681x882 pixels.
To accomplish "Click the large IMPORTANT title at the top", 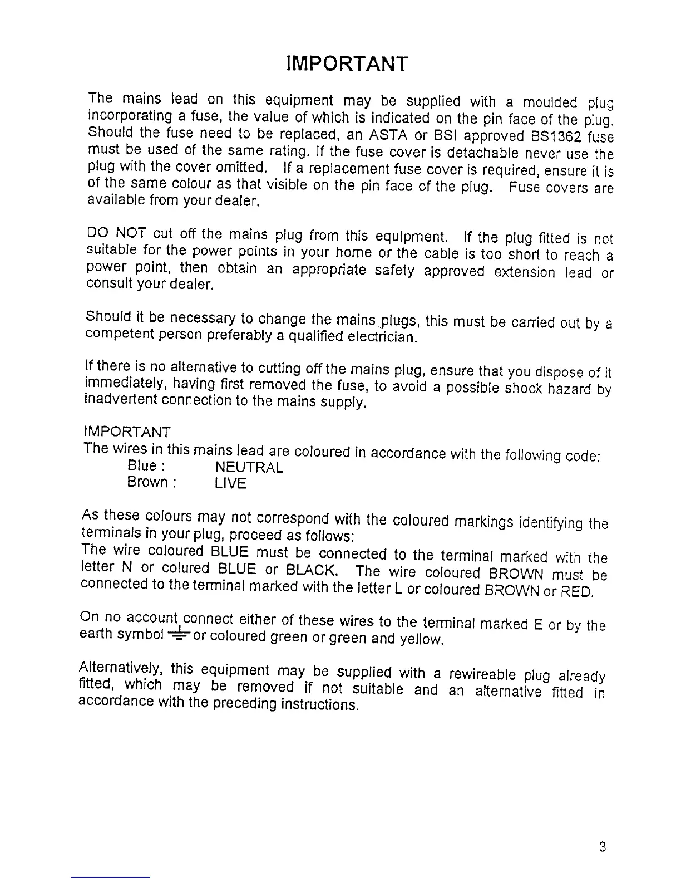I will (x=348, y=63).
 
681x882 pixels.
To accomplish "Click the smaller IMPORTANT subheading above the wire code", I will (x=127, y=432).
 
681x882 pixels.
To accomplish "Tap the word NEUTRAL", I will (x=249, y=467).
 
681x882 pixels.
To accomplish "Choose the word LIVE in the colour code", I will (x=230, y=484).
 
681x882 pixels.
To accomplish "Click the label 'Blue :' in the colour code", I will (x=147, y=465).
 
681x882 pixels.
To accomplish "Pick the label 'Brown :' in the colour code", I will (x=152, y=482).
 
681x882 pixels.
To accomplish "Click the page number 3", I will (x=603, y=848).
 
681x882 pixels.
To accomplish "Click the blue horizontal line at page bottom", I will (x=110, y=877).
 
